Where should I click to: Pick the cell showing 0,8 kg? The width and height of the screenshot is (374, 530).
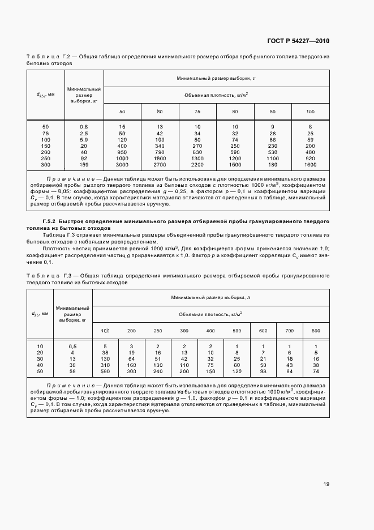point(84,126)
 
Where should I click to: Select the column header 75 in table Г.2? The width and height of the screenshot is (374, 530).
point(197,111)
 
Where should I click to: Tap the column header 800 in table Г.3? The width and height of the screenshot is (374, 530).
point(315,330)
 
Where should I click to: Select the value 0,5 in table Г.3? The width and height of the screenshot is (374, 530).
point(72,345)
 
